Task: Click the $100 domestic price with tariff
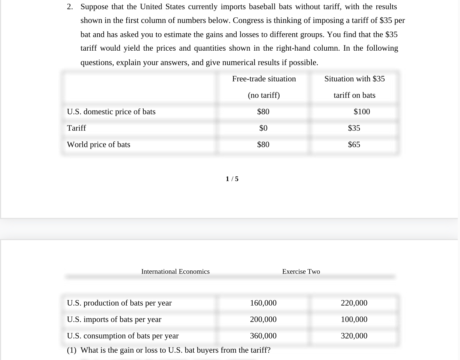[x=361, y=112]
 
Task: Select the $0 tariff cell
[x=263, y=128]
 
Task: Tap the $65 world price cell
[x=354, y=145]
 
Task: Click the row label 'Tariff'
[x=76, y=128]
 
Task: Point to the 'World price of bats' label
[x=99, y=145]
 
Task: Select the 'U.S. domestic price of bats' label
[x=111, y=112]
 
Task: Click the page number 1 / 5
[x=232, y=179]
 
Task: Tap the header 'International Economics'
[x=175, y=272]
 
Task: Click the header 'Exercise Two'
[x=301, y=272]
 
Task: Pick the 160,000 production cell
[x=263, y=303]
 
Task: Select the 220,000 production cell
[x=354, y=303]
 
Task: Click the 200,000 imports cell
[x=263, y=319]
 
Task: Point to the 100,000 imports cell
[x=354, y=319]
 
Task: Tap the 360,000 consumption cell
[x=263, y=336]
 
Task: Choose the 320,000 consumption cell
[x=354, y=336]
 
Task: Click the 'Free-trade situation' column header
[x=264, y=79]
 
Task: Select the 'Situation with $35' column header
[x=354, y=79]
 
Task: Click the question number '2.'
[x=70, y=7]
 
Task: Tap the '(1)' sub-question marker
[x=71, y=350]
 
